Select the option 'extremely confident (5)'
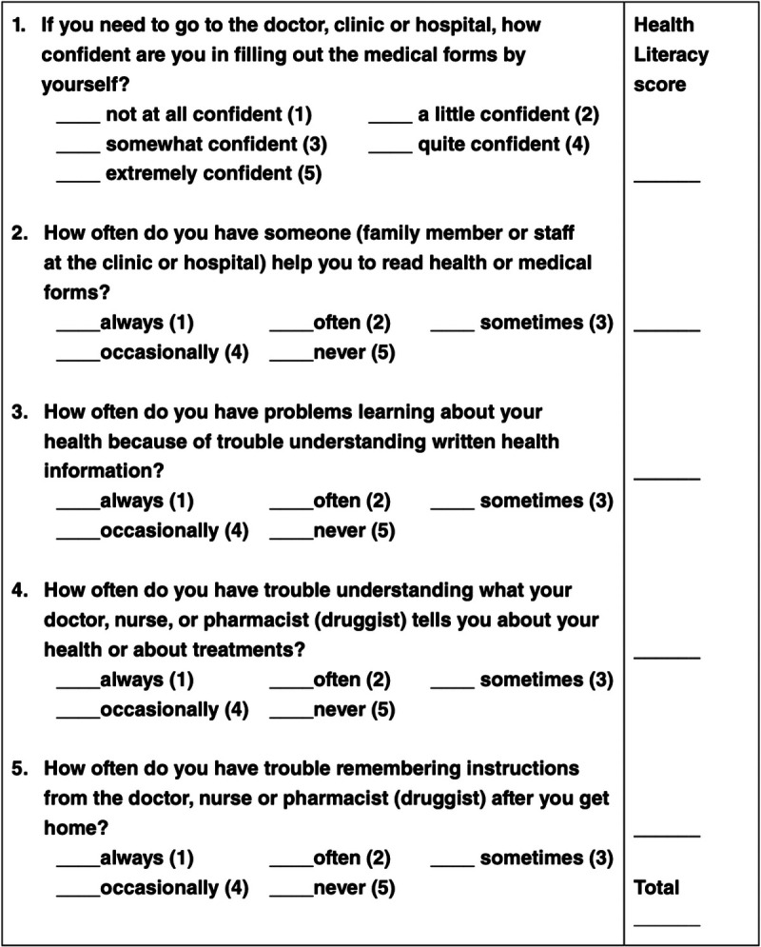(213, 173)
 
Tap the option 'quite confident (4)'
(503, 145)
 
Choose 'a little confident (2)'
(507, 115)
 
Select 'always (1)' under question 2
(146, 323)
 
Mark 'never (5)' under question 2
(354, 352)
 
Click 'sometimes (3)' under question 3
(546, 501)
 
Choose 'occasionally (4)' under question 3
(174, 530)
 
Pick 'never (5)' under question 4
(354, 709)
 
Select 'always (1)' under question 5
(146, 858)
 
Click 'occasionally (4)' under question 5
(174, 888)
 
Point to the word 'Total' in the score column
(656, 888)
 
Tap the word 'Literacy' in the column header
(671, 54)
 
